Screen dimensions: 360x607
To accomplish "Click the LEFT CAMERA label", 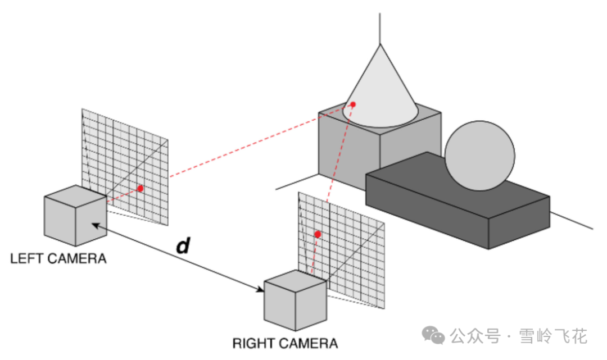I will pyautogui.click(x=58, y=259).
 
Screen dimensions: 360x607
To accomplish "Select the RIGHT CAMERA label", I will pyautogui.click(x=285, y=343).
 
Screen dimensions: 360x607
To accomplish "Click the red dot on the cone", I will pyautogui.click(x=354, y=104).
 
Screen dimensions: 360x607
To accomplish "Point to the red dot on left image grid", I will pyautogui.click(x=140, y=189).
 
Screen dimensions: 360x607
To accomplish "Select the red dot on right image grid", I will pyautogui.click(x=318, y=234).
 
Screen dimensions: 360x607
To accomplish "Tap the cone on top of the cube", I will pyautogui.click(x=380, y=90).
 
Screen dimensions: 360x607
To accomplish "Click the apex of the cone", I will pyautogui.click(x=380, y=44).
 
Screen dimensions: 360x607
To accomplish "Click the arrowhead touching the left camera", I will pyautogui.click(x=95, y=225).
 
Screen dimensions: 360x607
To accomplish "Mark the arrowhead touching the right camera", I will pyautogui.click(x=260, y=290).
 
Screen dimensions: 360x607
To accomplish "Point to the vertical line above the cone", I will pyautogui.click(x=380, y=25).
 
